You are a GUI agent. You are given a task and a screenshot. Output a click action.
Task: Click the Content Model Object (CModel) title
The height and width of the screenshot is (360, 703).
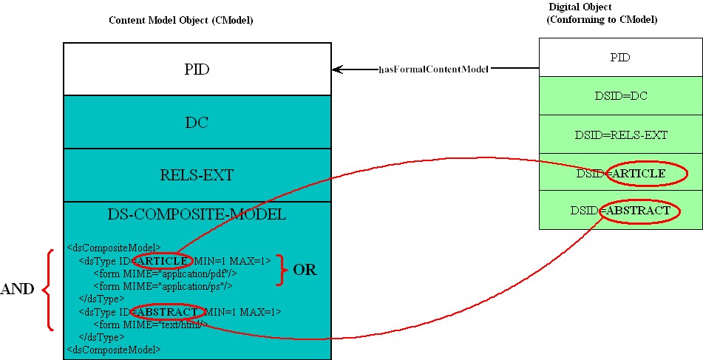click(181, 20)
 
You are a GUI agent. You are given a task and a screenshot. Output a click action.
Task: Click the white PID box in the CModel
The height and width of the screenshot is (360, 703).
click(197, 69)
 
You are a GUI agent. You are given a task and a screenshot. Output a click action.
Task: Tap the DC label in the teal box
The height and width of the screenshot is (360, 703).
click(197, 123)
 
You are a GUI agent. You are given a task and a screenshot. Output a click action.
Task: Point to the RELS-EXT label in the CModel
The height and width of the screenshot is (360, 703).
click(197, 175)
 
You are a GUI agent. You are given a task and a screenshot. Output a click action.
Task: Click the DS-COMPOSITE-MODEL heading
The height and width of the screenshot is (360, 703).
click(197, 214)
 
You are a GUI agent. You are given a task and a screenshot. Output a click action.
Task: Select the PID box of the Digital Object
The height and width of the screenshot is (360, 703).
click(620, 58)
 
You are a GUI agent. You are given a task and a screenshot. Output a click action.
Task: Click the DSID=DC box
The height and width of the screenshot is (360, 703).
click(620, 96)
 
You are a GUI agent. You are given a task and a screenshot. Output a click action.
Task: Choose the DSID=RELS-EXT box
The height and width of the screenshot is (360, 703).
click(620, 135)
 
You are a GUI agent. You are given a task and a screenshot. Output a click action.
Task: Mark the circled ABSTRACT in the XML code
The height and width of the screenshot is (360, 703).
click(168, 311)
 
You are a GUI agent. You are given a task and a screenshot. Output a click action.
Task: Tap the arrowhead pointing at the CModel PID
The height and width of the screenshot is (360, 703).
click(337, 69)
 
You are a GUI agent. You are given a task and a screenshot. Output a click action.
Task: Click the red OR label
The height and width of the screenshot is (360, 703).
click(305, 271)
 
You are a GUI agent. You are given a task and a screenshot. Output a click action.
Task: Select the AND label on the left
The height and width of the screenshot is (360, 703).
click(18, 290)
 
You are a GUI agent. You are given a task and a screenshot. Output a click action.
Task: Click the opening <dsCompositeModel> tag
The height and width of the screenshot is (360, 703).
click(114, 248)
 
